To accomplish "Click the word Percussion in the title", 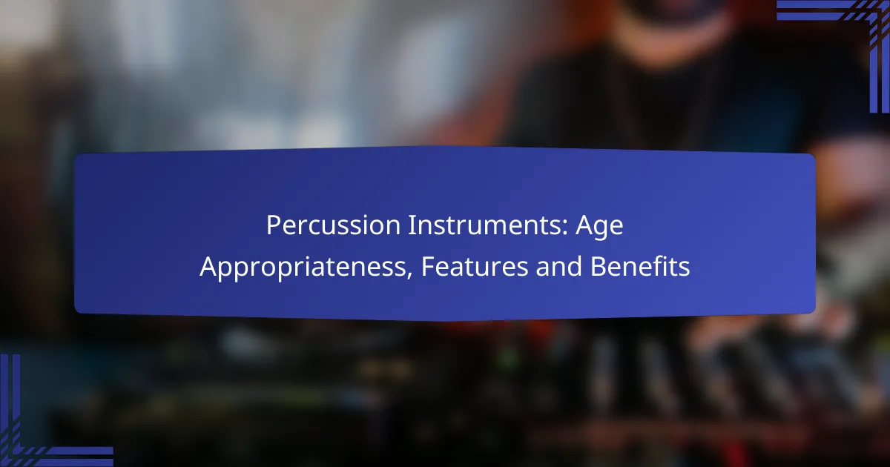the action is pyautogui.click(x=333, y=225).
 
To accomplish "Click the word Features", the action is pyautogui.click(x=475, y=266).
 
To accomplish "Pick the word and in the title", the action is pyautogui.click(x=559, y=266).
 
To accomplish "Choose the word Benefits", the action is pyautogui.click(x=640, y=266).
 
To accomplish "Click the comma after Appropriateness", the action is pyautogui.click(x=409, y=274).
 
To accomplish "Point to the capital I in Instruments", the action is pyautogui.click(x=412, y=225).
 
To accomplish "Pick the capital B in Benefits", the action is pyautogui.click(x=599, y=266).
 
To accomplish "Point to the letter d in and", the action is pyautogui.click(x=575, y=266).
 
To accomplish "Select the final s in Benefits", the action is pyautogui.click(x=685, y=269).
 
